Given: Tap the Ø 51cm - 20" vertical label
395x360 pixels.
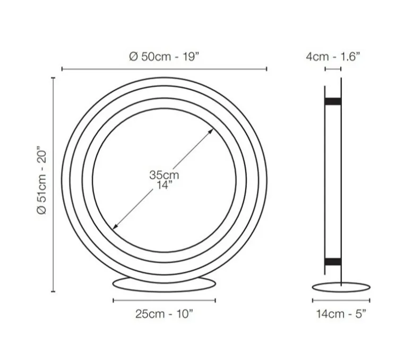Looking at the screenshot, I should click(43, 181).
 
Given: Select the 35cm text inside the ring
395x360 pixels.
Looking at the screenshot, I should click(164, 175).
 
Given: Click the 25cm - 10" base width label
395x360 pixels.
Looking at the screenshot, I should click(164, 314).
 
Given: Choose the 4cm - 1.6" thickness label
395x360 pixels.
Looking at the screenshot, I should click(333, 57).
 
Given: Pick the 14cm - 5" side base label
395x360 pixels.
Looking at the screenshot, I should click(341, 314).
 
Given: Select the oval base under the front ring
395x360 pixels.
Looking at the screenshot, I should click(165, 283).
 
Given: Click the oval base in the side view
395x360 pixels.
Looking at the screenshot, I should click(341, 287).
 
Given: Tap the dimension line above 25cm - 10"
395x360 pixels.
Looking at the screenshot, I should click(165, 300).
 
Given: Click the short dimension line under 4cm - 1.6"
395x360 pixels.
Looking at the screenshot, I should click(333, 68).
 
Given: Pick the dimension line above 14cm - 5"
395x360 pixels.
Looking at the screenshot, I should click(341, 300).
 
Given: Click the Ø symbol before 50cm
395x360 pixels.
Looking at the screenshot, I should click(133, 57).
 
